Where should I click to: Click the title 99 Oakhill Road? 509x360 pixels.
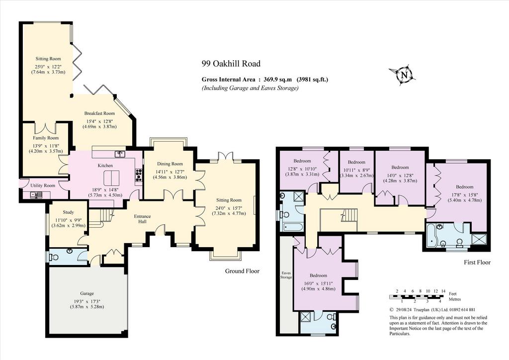(x=231, y=64)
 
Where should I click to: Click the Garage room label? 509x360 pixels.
(x=86, y=293)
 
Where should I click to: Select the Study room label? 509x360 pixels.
(x=68, y=212)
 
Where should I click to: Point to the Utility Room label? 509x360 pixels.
(x=43, y=185)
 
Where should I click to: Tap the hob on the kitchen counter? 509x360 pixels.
(x=139, y=176)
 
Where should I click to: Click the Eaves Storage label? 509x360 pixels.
(x=286, y=275)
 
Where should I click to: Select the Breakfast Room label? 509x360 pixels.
(x=99, y=113)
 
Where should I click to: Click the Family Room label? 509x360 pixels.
(x=46, y=138)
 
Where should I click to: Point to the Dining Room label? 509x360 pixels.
(x=170, y=164)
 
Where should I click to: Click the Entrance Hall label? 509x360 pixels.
(x=143, y=219)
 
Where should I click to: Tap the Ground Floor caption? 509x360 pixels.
(x=242, y=271)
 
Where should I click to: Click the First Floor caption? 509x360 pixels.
(x=477, y=262)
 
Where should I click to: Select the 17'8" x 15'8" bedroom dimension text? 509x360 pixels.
(x=465, y=195)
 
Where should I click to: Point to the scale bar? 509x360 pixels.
(x=417, y=296)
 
